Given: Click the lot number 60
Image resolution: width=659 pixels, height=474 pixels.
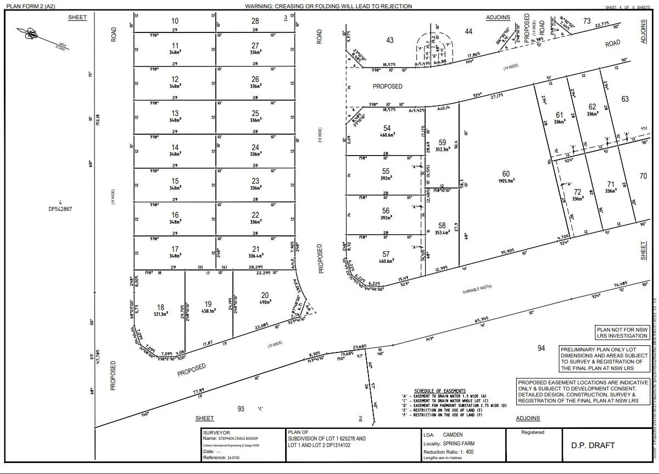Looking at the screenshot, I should click(506, 174).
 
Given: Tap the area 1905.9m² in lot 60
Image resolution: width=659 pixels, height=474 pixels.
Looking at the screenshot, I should click(506, 181).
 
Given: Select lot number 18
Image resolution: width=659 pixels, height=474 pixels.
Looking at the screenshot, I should click(160, 307).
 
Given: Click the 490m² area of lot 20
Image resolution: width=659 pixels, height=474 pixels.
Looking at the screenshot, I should click(265, 302).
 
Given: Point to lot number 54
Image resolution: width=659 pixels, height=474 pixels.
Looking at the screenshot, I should click(387, 128).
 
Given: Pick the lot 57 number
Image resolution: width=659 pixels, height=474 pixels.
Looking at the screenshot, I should click(386, 254).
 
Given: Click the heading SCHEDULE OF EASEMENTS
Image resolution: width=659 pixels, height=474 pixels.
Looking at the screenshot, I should click(440, 391).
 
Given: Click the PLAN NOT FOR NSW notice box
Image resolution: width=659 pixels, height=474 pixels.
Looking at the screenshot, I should click(622, 332).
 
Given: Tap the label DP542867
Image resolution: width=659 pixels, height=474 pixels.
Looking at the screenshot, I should click(60, 209).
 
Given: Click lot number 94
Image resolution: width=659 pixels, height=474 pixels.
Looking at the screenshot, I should click(541, 348).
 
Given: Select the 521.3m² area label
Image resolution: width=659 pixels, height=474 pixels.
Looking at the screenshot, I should click(160, 315).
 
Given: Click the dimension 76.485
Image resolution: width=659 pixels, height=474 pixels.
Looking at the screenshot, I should click(621, 284).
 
